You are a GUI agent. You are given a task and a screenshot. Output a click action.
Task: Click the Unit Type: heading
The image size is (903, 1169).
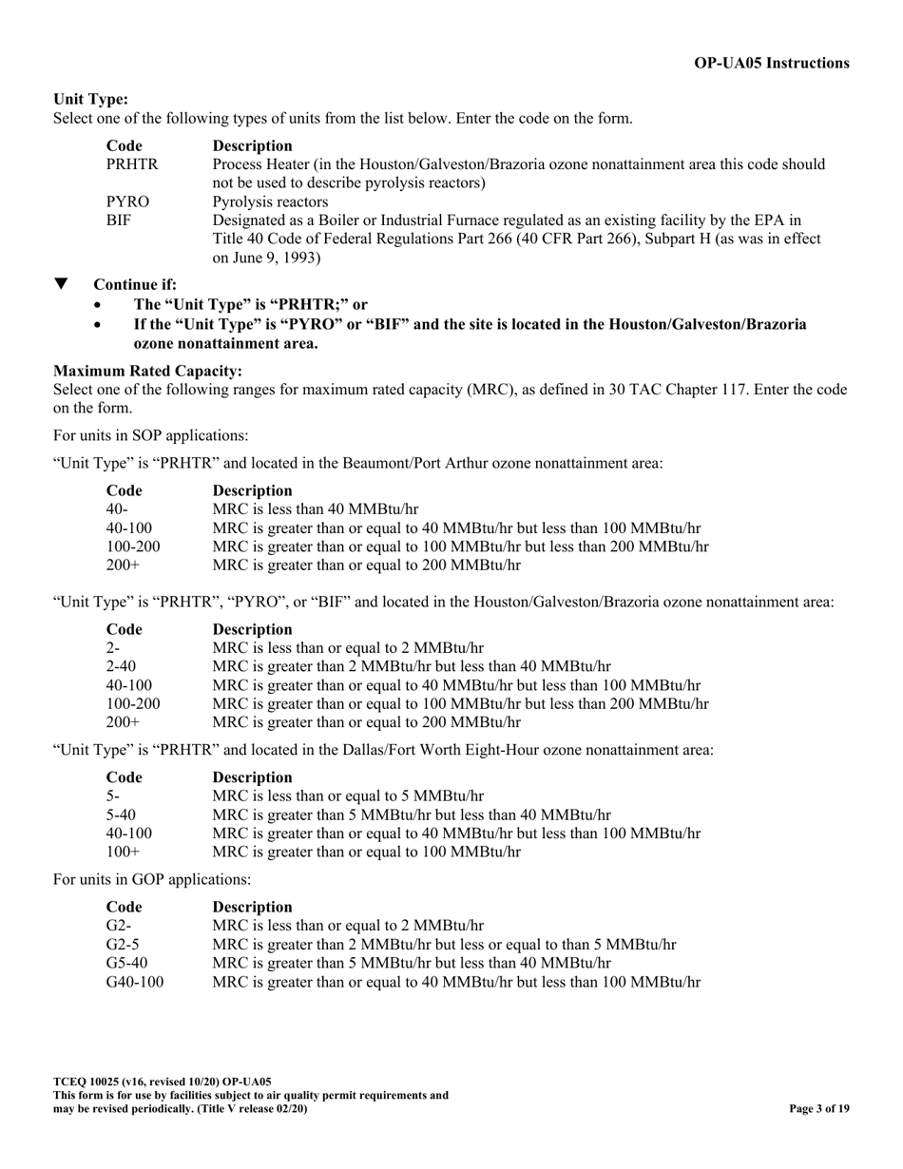tap(90, 99)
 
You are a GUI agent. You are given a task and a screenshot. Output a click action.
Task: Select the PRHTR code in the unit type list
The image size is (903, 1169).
tap(132, 164)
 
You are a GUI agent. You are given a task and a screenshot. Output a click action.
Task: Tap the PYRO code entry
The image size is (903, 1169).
tap(128, 201)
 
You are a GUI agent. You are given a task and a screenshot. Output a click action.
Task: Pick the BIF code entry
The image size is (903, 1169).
tap(119, 220)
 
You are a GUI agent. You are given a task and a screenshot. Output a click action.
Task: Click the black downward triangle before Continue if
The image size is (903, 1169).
tap(62, 284)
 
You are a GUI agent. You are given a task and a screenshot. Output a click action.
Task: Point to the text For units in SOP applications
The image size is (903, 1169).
tap(151, 436)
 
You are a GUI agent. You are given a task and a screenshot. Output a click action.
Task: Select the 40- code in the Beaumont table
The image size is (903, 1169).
tap(116, 509)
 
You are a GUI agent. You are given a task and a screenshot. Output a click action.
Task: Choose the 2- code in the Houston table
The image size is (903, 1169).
tap(113, 648)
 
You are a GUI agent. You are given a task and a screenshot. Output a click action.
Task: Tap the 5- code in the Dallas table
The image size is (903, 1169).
tap(113, 795)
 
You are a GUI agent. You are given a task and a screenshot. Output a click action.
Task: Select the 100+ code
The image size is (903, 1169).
tap(124, 852)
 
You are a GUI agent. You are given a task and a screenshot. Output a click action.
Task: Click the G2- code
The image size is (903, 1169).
tap(120, 925)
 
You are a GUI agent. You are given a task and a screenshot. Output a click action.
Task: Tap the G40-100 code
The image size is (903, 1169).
tap(135, 981)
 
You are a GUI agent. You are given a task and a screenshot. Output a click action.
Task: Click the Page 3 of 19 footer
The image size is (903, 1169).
tap(819, 1108)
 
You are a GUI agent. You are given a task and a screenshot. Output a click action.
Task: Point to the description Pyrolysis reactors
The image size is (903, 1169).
tap(271, 201)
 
